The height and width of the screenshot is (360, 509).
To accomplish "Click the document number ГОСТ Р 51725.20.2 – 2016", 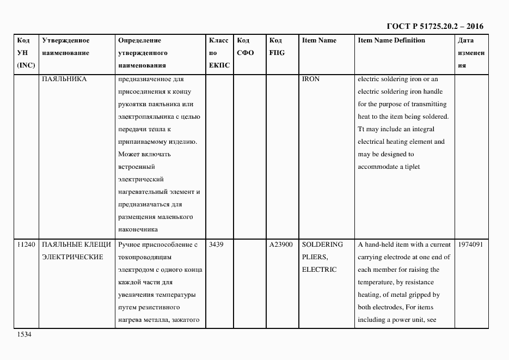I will (x=434, y=26).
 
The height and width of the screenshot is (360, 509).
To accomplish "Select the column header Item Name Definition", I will (x=391, y=40).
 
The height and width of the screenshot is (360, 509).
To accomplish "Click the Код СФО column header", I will (x=245, y=47).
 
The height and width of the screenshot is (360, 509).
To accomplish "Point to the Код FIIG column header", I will (x=277, y=47).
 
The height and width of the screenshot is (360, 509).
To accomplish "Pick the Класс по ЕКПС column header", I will (x=219, y=53).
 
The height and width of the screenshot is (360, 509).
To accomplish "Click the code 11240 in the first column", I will (x=26, y=245).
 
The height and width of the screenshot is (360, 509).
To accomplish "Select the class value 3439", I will (x=216, y=245).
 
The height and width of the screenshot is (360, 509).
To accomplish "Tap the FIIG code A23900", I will (x=281, y=245).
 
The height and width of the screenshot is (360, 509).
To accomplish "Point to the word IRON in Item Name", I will (x=310, y=79).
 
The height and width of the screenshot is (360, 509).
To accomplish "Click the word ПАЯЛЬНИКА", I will (x=64, y=79).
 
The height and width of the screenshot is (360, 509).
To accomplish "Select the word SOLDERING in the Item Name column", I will (x=322, y=245).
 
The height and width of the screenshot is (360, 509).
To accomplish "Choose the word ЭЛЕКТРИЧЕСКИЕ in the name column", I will (x=72, y=257).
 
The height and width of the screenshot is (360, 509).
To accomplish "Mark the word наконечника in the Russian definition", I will (x=137, y=229).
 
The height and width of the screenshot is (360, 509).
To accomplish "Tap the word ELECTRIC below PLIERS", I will (x=319, y=270).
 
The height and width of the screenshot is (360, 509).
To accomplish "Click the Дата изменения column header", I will (x=471, y=53).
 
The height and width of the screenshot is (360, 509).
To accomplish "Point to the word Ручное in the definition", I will (x=130, y=245).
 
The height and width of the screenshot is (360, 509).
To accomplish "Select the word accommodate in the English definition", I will (x=378, y=167).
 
